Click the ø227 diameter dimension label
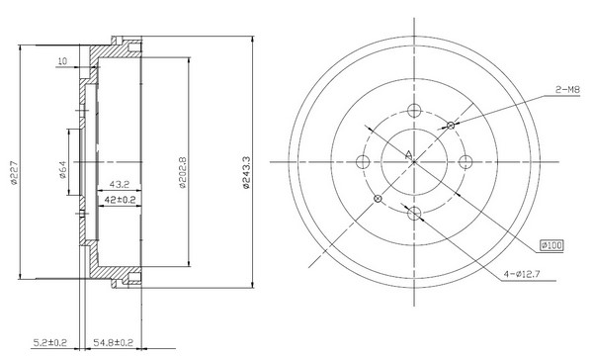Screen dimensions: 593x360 [x=15, y=173]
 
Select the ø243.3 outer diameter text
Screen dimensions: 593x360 [x=246, y=172]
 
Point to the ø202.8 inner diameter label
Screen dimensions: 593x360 [x=183, y=173]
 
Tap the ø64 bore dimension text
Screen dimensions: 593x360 [x=63, y=169]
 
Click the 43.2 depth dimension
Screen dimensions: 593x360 [x=120, y=184]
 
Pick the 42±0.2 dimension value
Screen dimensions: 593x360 [x=120, y=200]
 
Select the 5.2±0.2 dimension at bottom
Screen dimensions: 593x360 [x=50, y=343]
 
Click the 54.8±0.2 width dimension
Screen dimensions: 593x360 [x=114, y=343]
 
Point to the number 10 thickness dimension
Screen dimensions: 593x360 [x=62, y=61]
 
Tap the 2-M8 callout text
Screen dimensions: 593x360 [x=567, y=90]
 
